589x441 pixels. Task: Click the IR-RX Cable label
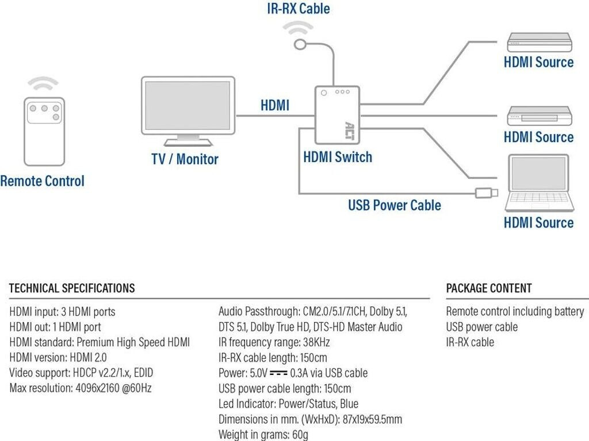tap(299, 9)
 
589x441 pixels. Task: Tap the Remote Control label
tap(42, 181)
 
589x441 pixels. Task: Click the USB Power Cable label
tap(395, 205)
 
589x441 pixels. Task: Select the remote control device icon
tap(44, 131)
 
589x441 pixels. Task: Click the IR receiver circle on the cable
tap(299, 44)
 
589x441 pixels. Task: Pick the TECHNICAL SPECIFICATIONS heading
tap(72, 288)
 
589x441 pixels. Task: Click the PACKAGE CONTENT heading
tap(489, 288)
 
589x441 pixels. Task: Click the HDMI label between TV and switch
tap(275, 105)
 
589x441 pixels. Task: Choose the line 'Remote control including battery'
tap(515, 312)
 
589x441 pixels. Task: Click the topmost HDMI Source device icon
tap(539, 43)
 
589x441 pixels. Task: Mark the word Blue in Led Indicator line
tap(347, 404)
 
